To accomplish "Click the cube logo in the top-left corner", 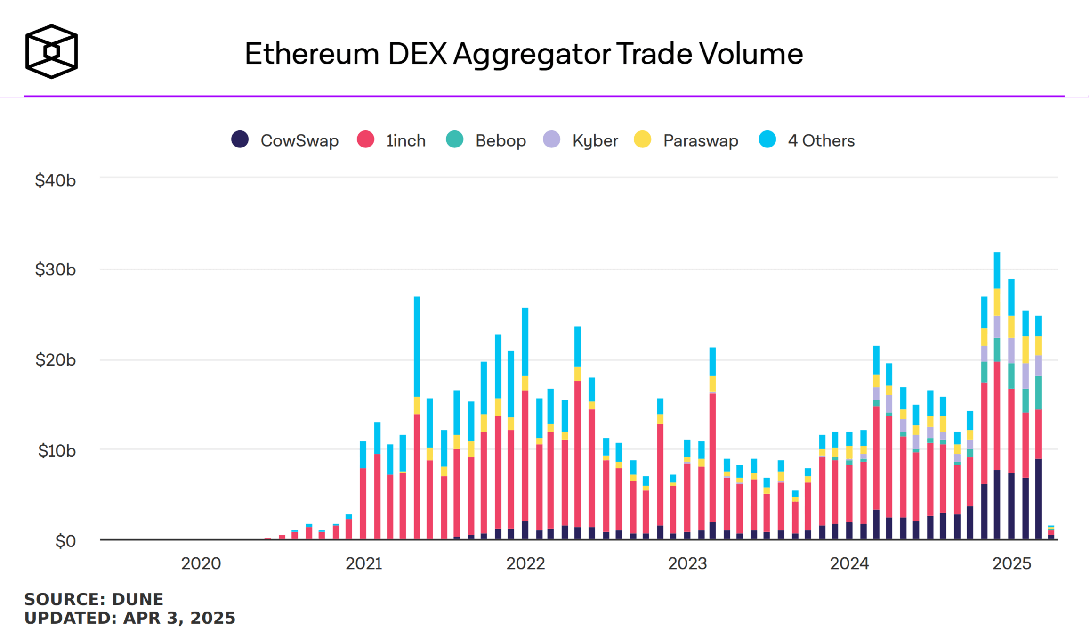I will click(51, 51).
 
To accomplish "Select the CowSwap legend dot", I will click(240, 139).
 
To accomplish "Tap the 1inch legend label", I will click(405, 140).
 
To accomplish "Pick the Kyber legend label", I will click(595, 140).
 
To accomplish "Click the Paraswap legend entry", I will click(700, 140).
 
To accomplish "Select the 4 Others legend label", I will click(821, 140).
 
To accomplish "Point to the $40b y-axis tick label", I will click(55, 180).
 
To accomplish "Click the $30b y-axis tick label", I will click(55, 269).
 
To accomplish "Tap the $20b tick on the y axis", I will click(55, 360).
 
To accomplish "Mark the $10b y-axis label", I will click(57, 451).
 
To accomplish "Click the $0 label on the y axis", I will click(65, 541).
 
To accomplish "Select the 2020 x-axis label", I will click(201, 563).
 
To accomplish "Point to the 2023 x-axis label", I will click(687, 563).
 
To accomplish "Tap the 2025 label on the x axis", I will click(1012, 563).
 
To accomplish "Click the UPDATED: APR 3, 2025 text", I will click(129, 618).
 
